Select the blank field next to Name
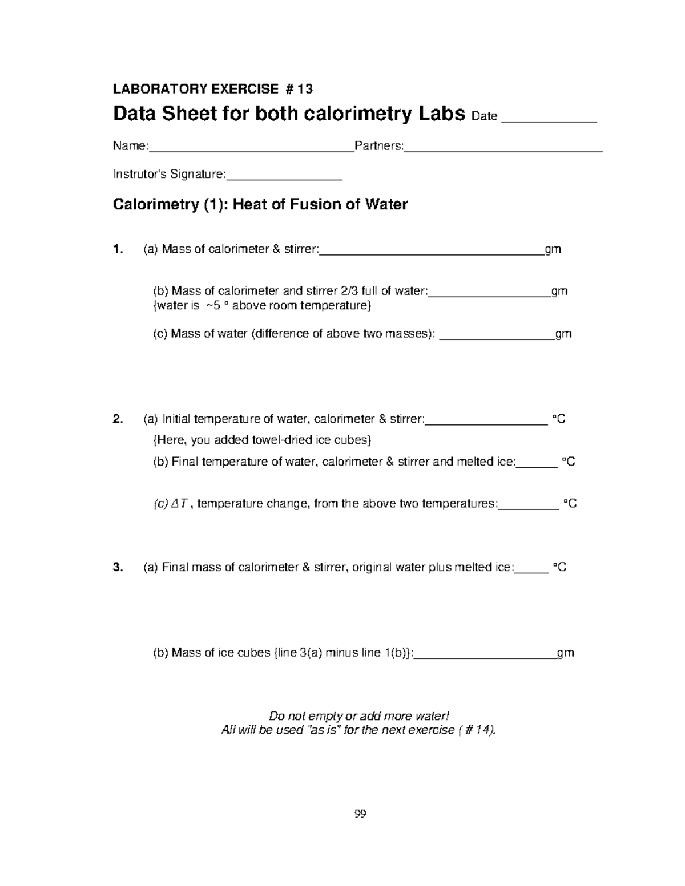point(251,150)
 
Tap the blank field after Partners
point(503,150)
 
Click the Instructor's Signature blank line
point(284,178)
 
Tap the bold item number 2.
point(118,419)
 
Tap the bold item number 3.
point(118,567)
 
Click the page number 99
point(360,814)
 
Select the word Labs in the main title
point(440,114)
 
